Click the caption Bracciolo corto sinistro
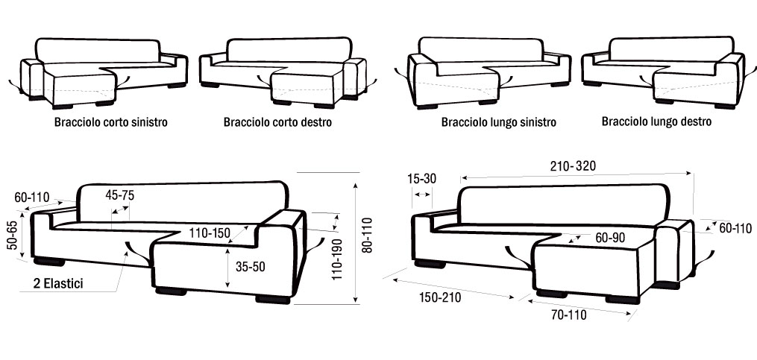111,122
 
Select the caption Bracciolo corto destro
277,122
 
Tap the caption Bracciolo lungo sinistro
499,122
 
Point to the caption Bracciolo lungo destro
656,121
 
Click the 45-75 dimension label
120,195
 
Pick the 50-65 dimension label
13,235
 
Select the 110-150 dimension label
210,233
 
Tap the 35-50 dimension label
249,266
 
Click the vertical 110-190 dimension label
337,259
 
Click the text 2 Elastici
58,283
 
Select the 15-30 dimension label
421,179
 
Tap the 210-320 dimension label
573,166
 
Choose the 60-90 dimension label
611,237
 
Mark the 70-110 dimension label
569,315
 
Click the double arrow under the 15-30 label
422,194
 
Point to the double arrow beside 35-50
227,268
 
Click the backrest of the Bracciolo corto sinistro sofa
98,50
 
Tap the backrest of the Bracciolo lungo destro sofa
671,48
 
